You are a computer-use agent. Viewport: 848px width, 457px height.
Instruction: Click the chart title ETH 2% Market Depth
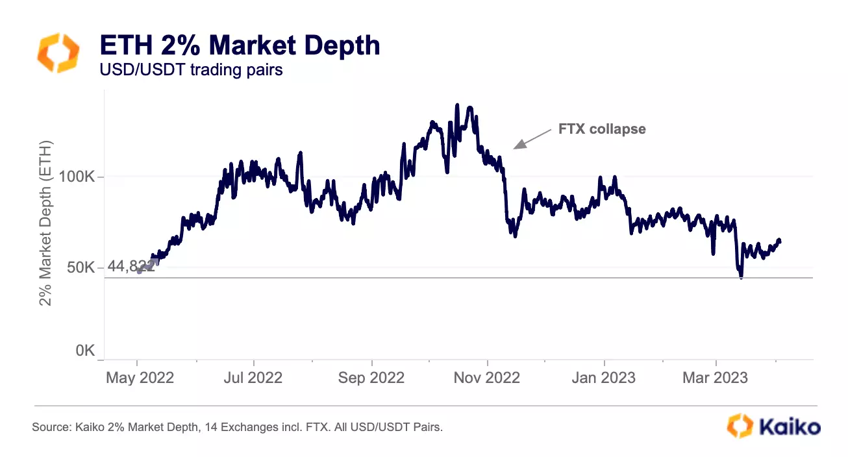[239, 45]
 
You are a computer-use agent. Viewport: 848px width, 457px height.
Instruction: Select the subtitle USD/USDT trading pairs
[191, 69]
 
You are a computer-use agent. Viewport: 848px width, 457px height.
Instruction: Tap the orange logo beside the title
[58, 53]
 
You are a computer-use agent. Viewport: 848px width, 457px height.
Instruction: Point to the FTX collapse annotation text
[602, 129]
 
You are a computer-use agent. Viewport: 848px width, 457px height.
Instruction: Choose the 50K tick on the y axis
[81, 267]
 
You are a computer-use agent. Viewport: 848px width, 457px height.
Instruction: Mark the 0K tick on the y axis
[85, 351]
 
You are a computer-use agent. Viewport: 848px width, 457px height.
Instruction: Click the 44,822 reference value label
[130, 267]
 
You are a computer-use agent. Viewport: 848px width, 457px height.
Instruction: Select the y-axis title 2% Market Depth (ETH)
[45, 224]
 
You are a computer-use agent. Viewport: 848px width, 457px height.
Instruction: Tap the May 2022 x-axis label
[140, 377]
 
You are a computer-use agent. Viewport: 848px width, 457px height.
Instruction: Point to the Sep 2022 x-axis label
[371, 377]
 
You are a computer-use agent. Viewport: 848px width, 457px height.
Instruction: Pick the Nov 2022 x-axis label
[486, 377]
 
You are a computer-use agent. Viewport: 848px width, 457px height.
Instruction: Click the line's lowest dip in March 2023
[741, 277]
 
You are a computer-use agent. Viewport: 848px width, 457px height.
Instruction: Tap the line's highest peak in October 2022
[457, 105]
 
